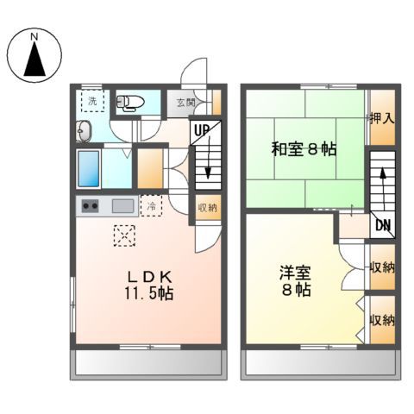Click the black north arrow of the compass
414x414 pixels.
pos(35,62)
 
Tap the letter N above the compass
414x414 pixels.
pos(35,36)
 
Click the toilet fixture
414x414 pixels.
pos(129,103)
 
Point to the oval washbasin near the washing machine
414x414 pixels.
pos(85,132)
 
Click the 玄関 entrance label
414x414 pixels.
pos(185,102)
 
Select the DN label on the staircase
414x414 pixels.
pos(380,227)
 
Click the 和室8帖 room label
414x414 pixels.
pos(304,148)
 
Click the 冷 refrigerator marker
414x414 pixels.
pos(151,206)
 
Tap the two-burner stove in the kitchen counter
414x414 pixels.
pos(91,206)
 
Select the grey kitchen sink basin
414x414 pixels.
pos(122,206)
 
